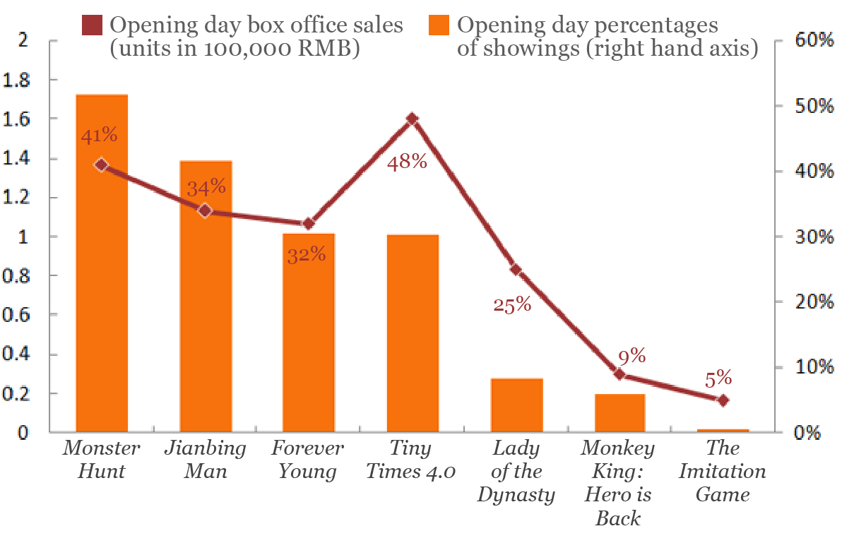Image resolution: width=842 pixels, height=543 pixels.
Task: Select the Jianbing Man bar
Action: point(206,297)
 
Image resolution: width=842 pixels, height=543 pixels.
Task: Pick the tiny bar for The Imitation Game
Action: point(723,430)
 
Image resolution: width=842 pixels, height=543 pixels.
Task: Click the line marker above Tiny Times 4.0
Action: point(413,119)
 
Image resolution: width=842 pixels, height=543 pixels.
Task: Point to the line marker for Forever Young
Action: point(308,223)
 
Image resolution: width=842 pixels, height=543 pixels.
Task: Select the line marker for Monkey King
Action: point(619,374)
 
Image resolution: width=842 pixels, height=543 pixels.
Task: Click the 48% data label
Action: point(408,162)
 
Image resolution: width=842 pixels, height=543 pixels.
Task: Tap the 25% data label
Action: point(511,304)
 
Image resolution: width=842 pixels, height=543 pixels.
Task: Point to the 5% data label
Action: point(718,378)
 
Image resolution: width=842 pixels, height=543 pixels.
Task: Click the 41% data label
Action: point(99,136)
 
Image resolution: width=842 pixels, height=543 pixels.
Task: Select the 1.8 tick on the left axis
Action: point(18,80)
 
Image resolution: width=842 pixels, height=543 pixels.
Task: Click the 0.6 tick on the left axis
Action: point(18,316)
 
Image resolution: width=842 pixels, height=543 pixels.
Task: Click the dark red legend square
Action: point(95,26)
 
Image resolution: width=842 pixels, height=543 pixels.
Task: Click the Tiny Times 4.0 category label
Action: point(411,460)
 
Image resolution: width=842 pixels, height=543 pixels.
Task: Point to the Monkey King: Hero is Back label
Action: point(618,483)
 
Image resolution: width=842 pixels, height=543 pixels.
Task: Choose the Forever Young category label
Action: point(307,460)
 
